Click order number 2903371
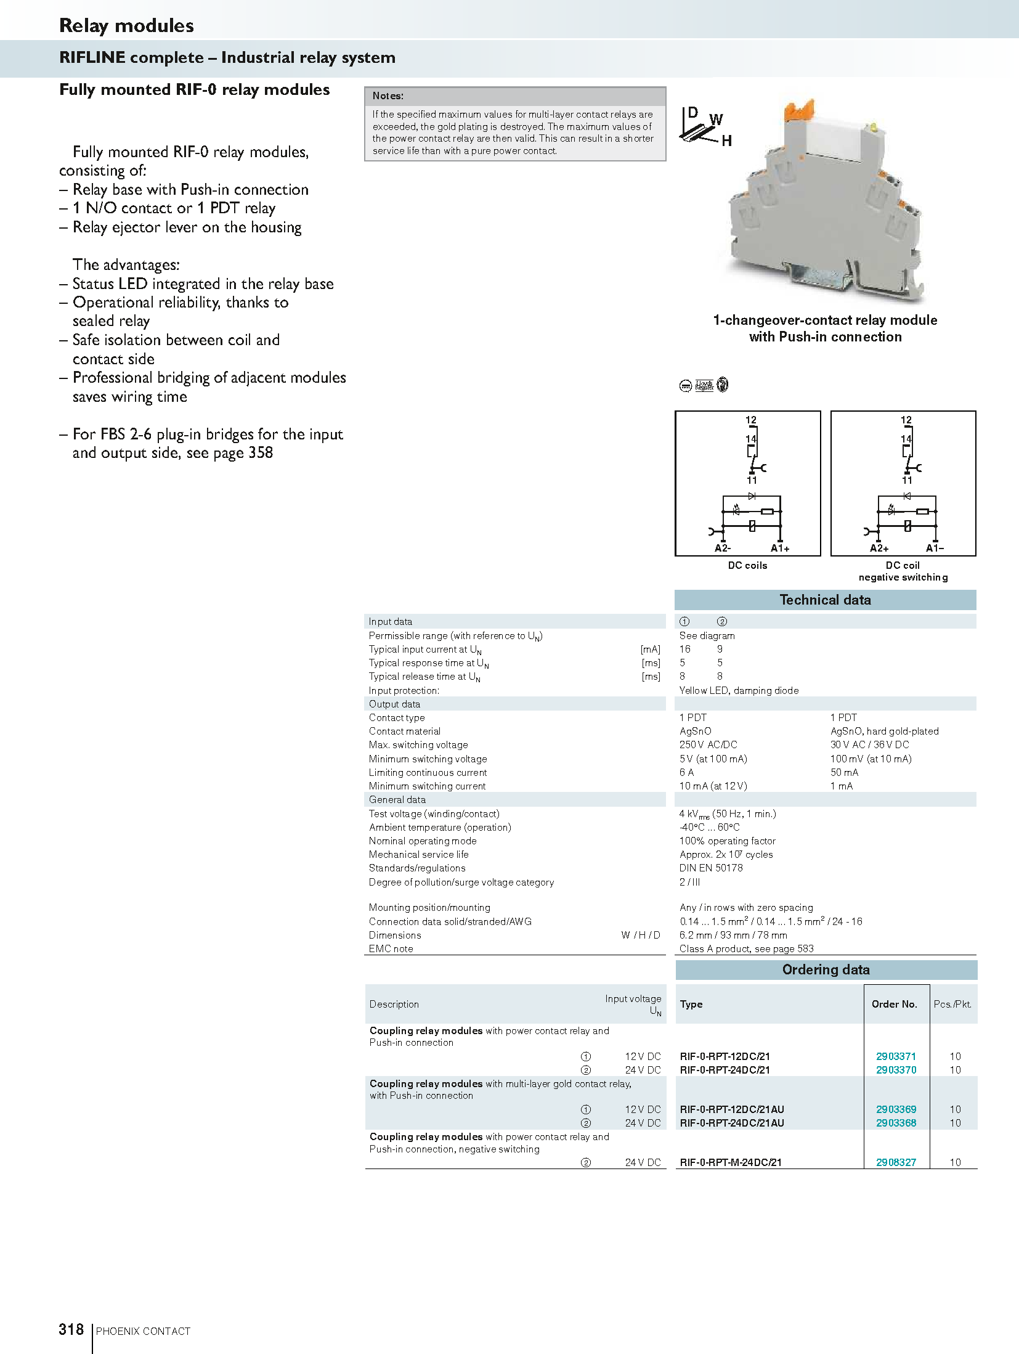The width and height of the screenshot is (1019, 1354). pyautogui.click(x=896, y=1056)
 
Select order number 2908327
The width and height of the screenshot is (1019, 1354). pyautogui.click(x=896, y=1162)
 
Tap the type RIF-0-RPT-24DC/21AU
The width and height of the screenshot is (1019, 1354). pyautogui.click(x=731, y=1123)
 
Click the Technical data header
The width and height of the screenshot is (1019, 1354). pyautogui.click(x=825, y=600)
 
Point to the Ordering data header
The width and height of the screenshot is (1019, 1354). pyautogui.click(x=826, y=970)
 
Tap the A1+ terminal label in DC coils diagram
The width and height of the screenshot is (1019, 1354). pyautogui.click(x=780, y=549)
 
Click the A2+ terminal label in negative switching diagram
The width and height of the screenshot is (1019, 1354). pyautogui.click(x=879, y=549)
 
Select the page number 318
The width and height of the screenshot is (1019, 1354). pyautogui.click(x=71, y=1329)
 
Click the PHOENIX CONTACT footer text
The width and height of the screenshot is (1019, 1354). pyautogui.click(x=143, y=1331)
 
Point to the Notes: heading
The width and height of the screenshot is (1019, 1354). pyautogui.click(x=388, y=96)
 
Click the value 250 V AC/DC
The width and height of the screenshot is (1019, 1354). pyautogui.click(x=708, y=744)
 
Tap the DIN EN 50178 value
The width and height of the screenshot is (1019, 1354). pyautogui.click(x=711, y=868)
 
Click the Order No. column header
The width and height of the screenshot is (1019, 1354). pyautogui.click(x=894, y=1004)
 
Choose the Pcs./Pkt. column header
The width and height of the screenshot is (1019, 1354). pyautogui.click(x=952, y=1004)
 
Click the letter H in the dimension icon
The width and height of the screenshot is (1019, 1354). pyautogui.click(x=727, y=141)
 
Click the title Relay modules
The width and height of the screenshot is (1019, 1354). pyautogui.click(x=126, y=26)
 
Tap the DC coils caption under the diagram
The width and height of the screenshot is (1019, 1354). pyautogui.click(x=747, y=565)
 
